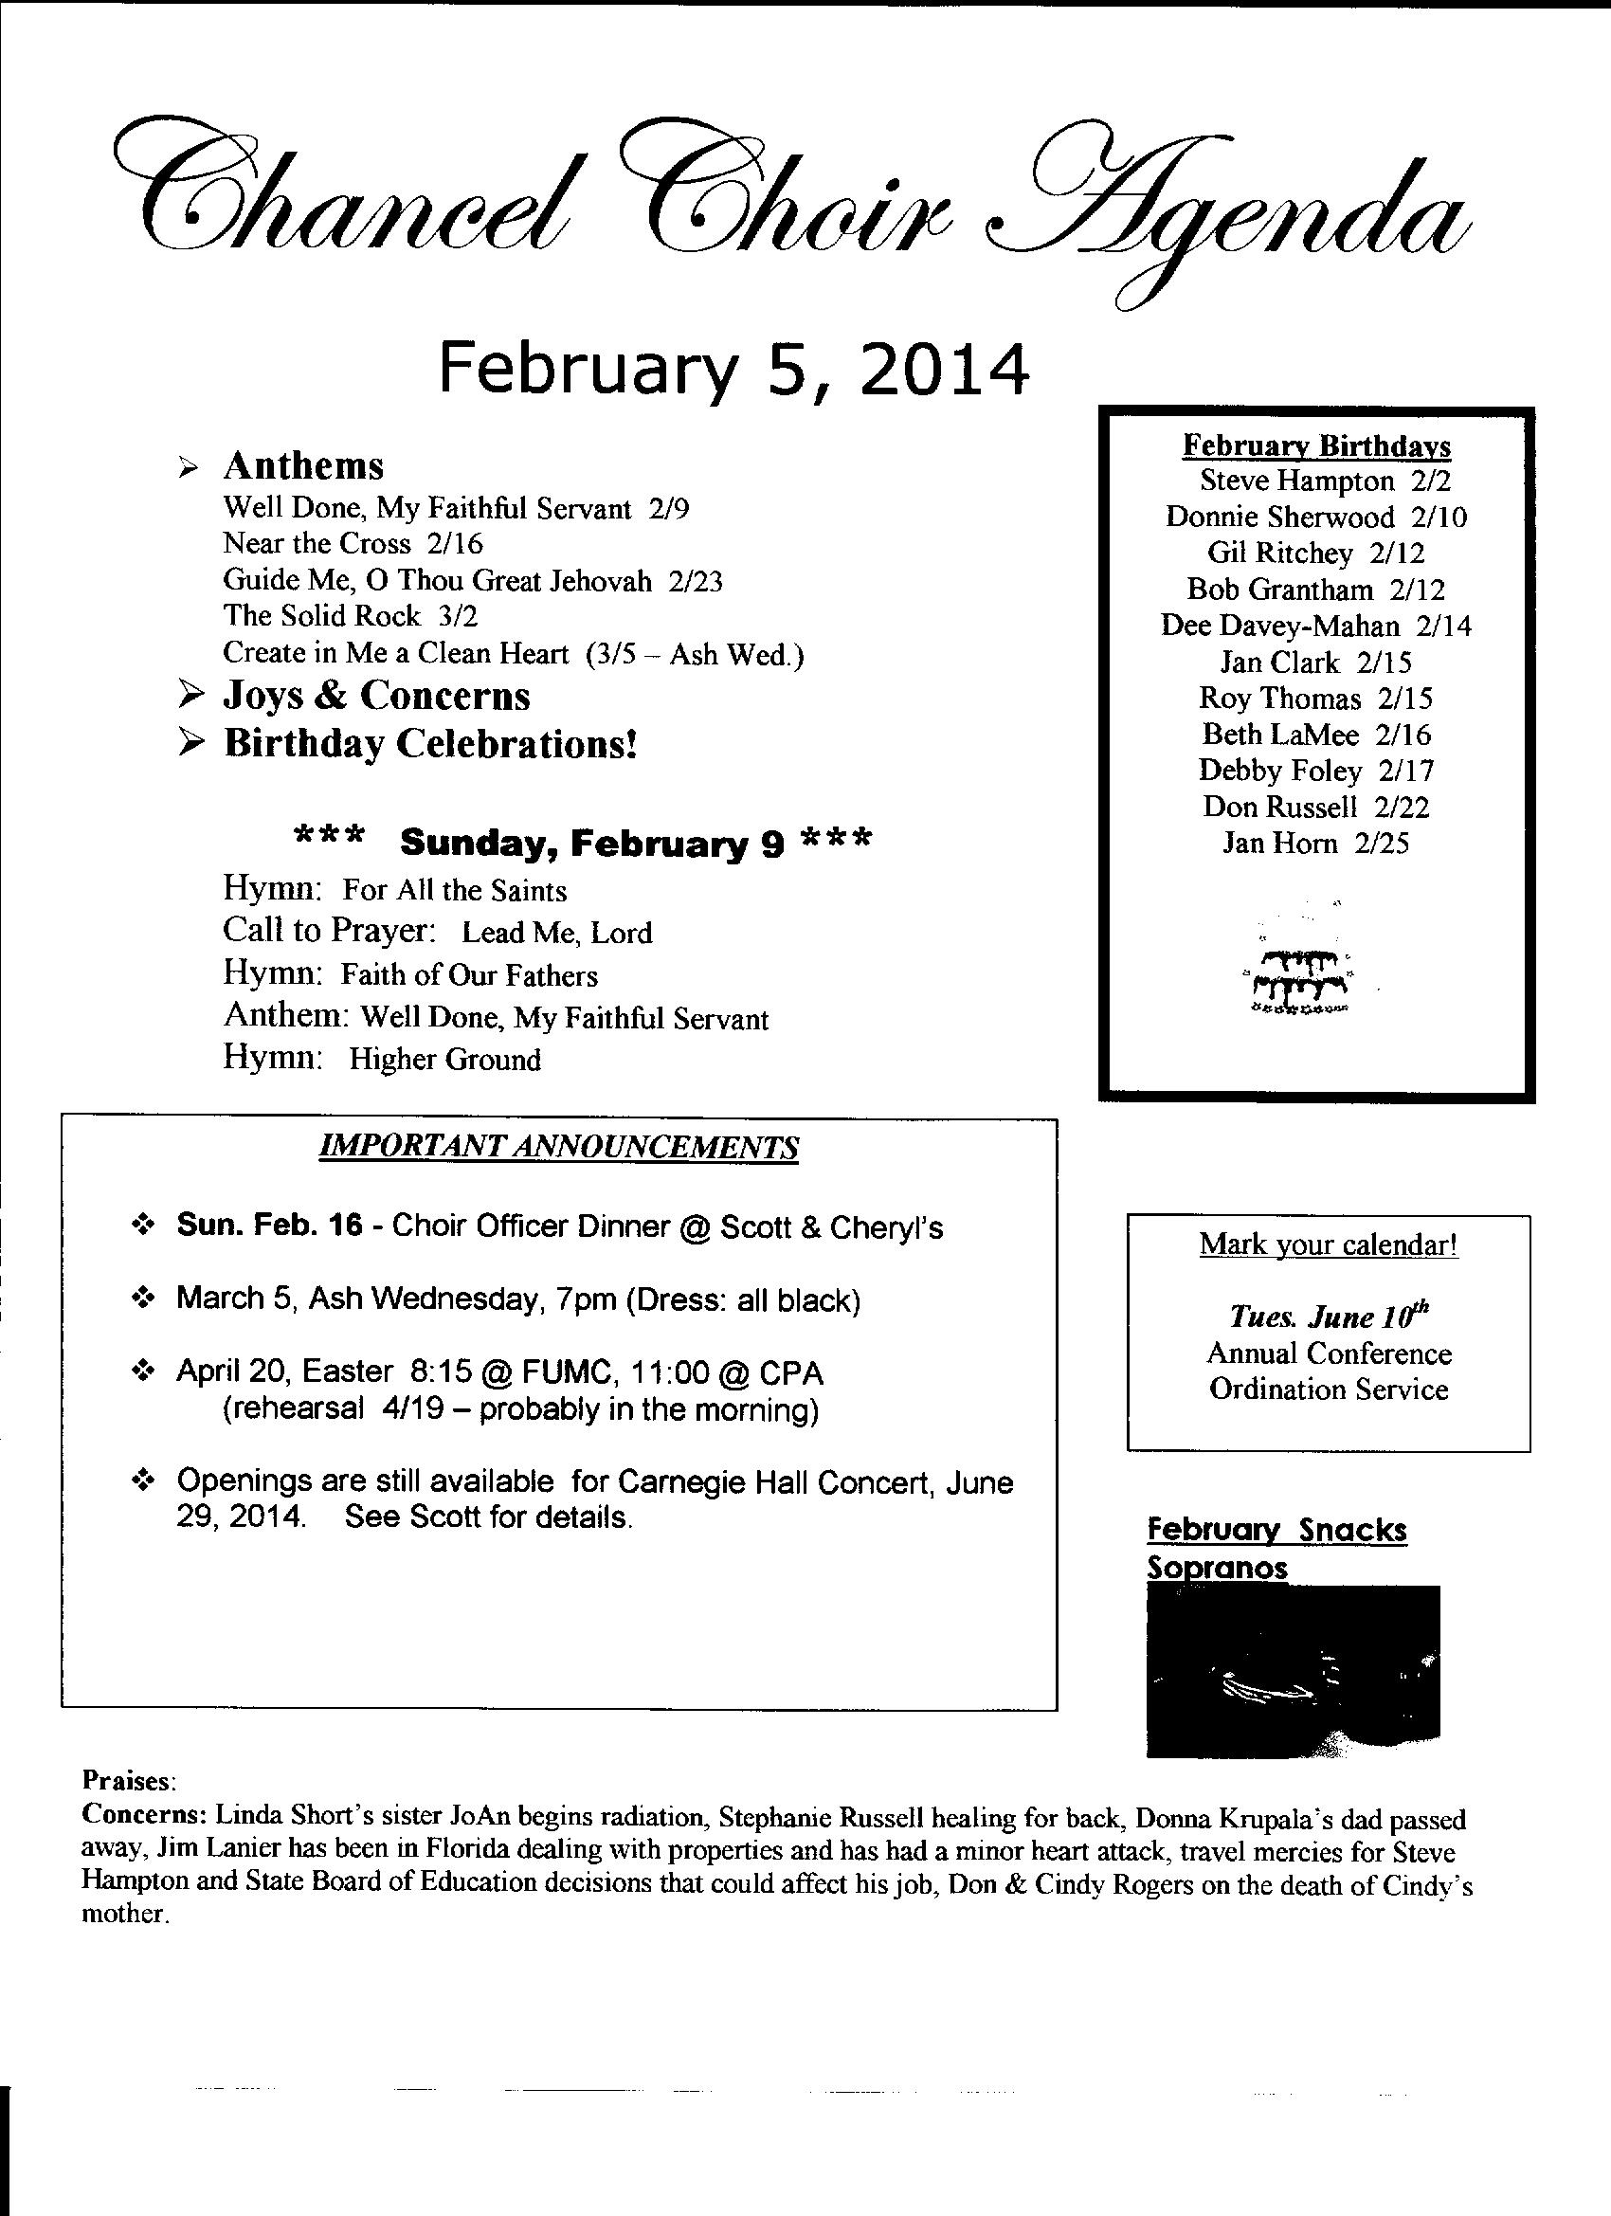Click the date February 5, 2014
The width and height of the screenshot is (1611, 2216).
tap(733, 370)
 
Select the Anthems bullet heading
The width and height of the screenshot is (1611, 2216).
tap(303, 466)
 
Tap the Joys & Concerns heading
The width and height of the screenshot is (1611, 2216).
tap(376, 696)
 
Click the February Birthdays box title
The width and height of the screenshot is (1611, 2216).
tap(1316, 445)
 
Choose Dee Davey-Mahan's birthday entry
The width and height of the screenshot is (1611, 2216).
tap(1316, 626)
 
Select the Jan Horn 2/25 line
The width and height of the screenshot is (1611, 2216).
tap(1316, 843)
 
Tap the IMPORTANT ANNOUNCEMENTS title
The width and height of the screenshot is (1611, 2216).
tap(559, 1147)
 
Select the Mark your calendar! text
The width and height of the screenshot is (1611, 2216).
tap(1329, 1244)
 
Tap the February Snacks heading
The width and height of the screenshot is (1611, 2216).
tap(1276, 1530)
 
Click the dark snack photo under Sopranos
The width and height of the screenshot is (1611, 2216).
tap(1292, 1672)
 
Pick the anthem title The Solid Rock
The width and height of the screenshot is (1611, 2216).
tap(321, 615)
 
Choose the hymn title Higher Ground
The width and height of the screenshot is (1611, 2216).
tap(444, 1059)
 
